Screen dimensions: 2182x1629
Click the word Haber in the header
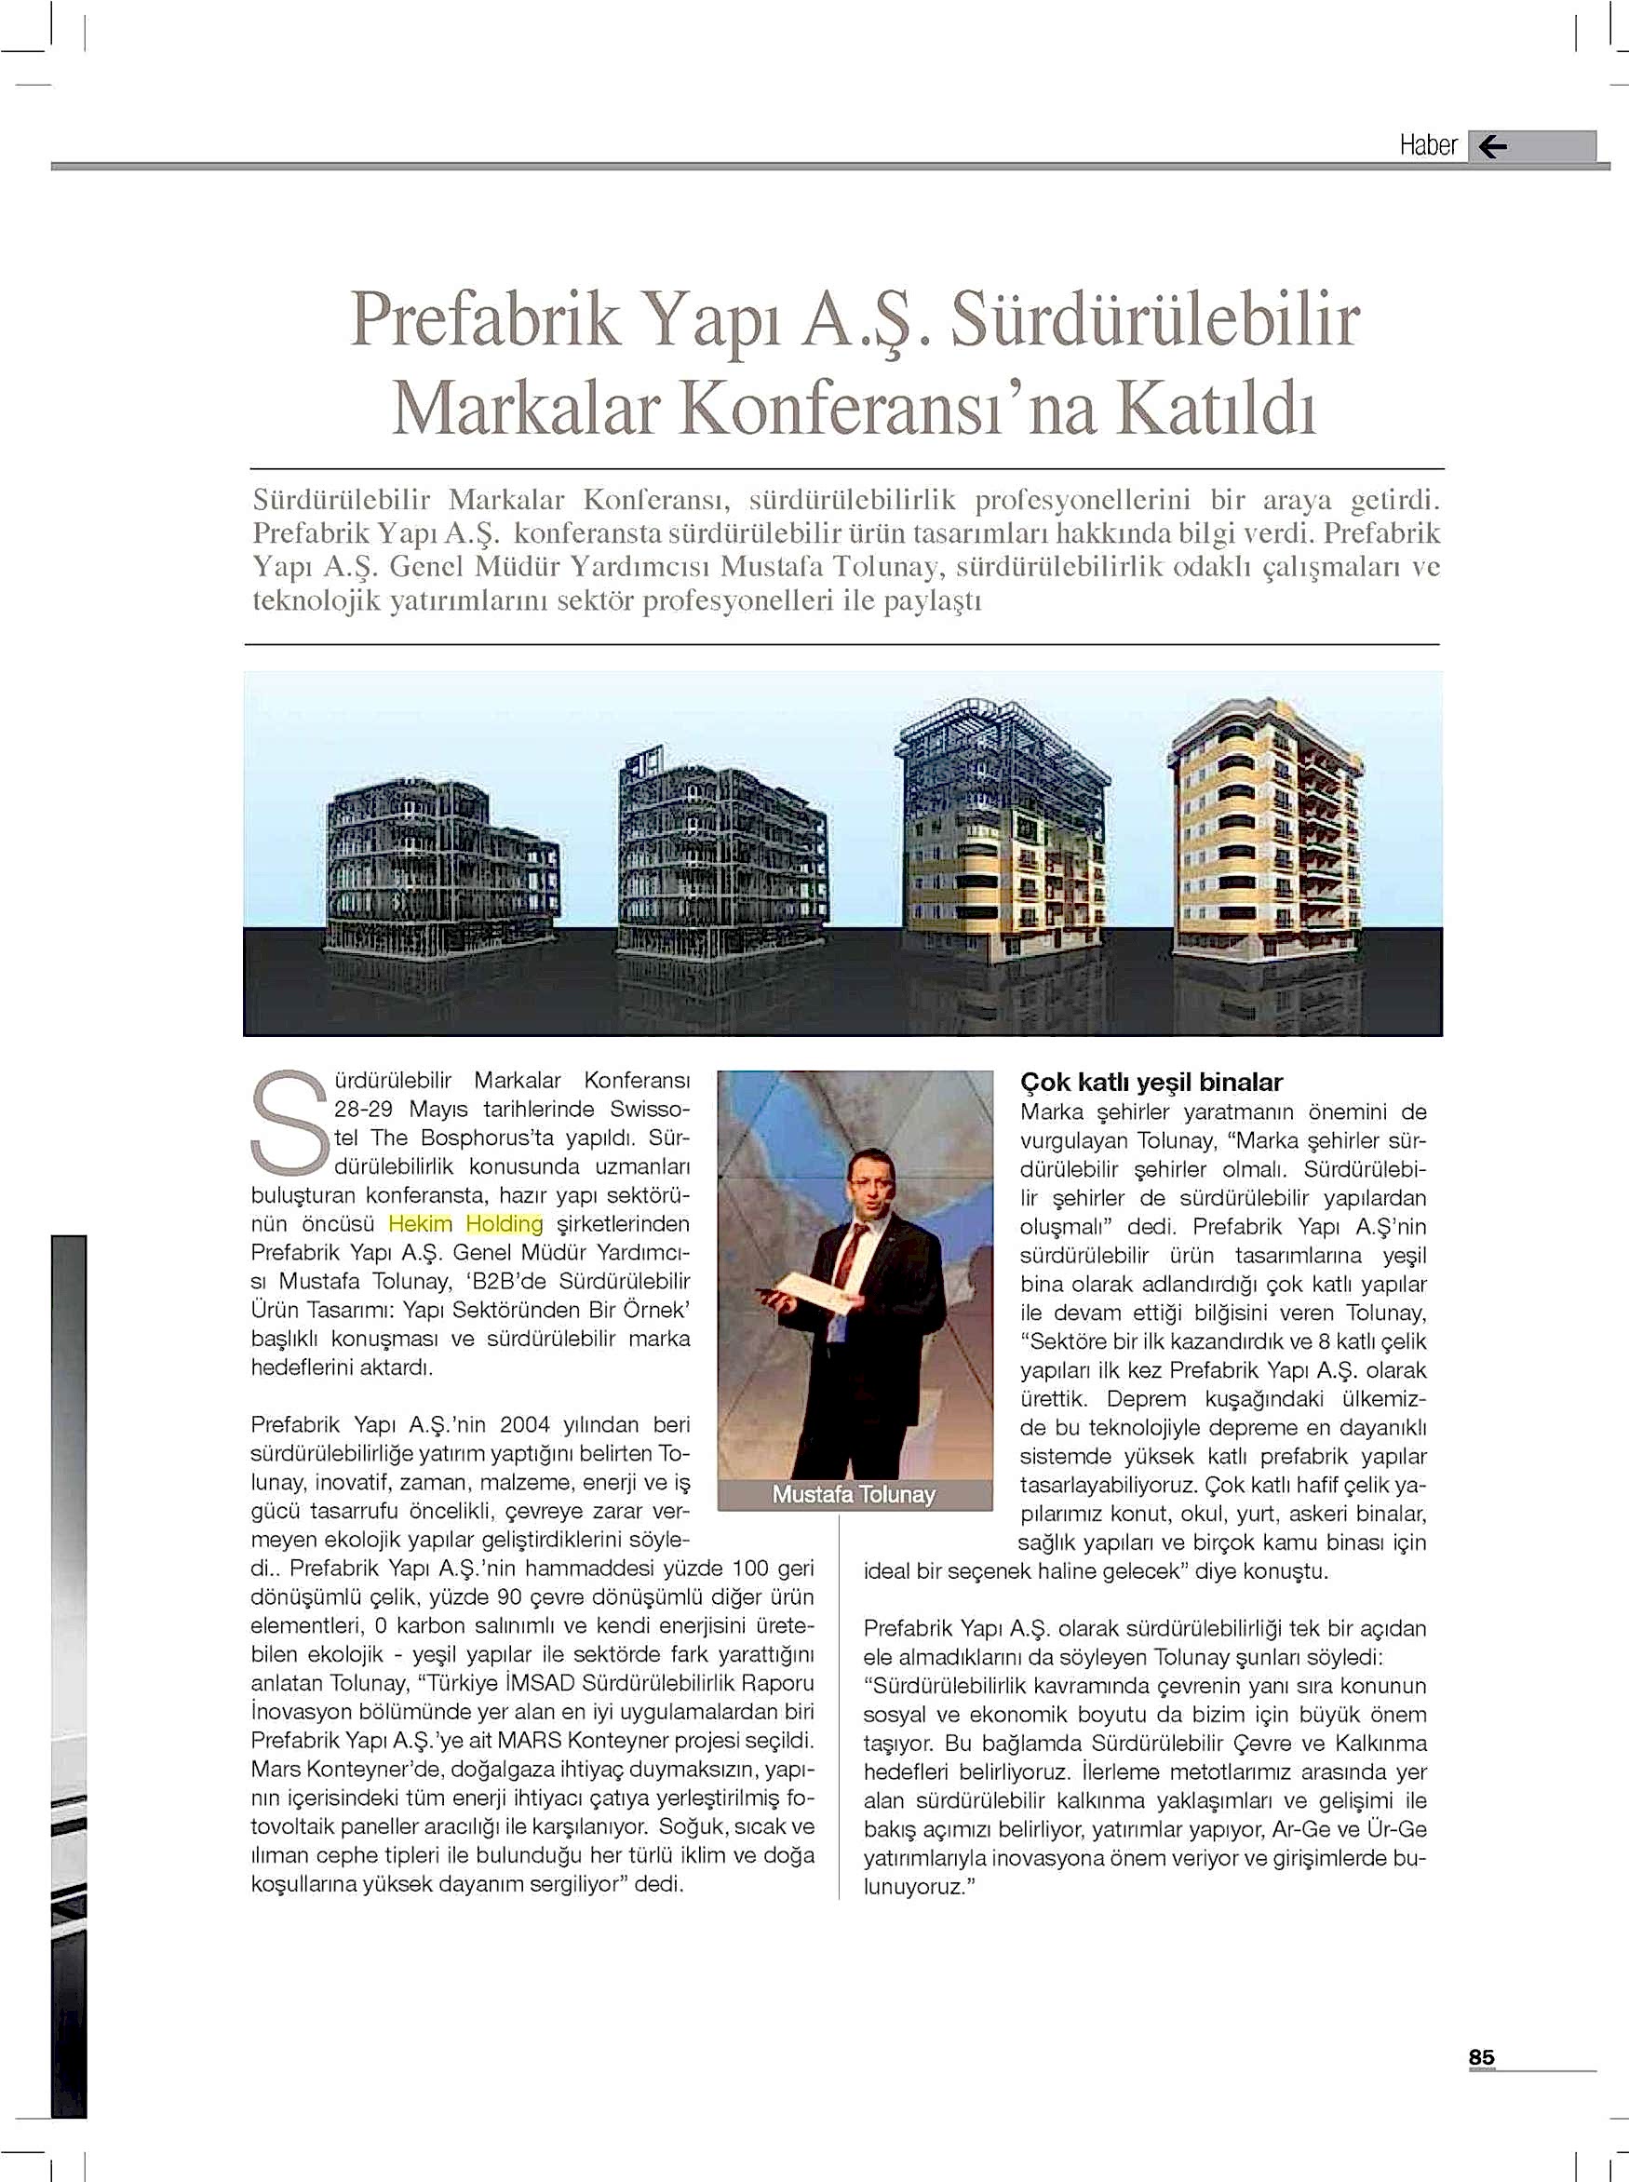tap(1427, 146)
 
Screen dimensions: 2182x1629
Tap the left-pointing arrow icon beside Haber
tap(1493, 147)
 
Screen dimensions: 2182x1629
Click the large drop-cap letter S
tap(289, 1124)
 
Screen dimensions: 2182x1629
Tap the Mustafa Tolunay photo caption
tap(853, 1494)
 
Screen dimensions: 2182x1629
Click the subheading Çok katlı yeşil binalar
tap(1151, 1082)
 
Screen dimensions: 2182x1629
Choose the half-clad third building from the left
tap(1003, 838)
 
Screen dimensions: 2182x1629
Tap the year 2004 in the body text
tap(526, 1425)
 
